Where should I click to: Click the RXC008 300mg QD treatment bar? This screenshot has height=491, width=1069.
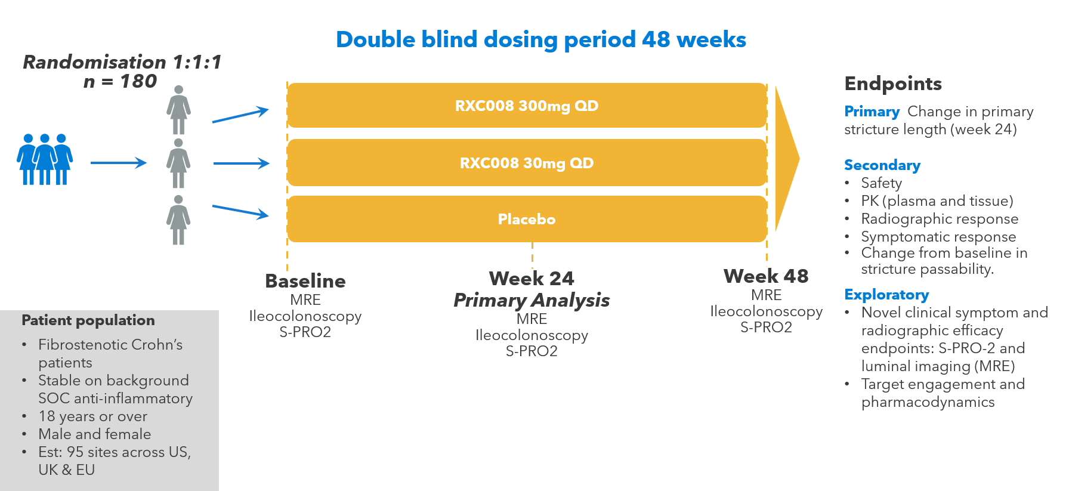click(527, 106)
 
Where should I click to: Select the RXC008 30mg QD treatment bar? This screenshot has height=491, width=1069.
click(527, 163)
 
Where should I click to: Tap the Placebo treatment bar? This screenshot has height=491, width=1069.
click(527, 219)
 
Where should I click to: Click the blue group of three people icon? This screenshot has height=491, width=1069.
click(45, 159)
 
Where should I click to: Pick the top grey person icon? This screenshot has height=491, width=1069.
click(178, 110)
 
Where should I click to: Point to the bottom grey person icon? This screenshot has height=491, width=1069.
click(178, 220)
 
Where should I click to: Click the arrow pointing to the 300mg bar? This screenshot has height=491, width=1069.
click(240, 115)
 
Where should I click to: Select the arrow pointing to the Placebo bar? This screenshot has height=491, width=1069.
click(240, 212)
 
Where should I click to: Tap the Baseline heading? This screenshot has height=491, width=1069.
click(305, 281)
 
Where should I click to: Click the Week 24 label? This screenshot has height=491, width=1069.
click(532, 278)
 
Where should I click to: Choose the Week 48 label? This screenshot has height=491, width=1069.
click(766, 276)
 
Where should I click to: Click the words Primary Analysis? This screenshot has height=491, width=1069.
click(532, 300)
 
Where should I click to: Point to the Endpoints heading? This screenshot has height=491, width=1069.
click(893, 84)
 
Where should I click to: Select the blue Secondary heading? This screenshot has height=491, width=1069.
click(882, 165)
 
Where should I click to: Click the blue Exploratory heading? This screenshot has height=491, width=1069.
click(886, 295)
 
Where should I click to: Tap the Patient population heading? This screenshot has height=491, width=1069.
click(88, 320)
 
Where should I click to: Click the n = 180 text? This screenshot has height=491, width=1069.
click(120, 81)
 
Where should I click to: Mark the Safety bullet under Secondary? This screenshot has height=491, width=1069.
click(881, 183)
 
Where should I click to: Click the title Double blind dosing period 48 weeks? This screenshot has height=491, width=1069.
click(541, 39)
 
